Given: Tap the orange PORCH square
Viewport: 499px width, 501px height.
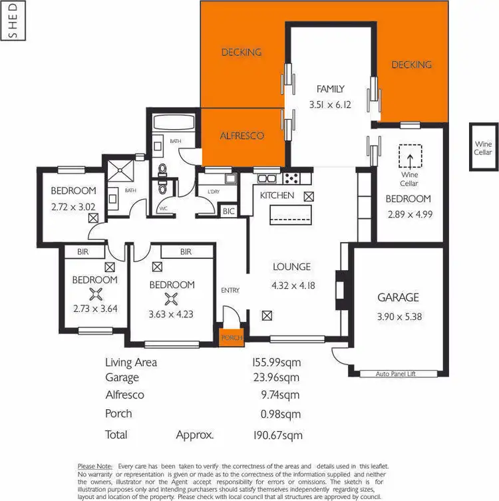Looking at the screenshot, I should tap(232, 337).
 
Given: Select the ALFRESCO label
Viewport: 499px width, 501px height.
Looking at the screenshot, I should tap(242, 136).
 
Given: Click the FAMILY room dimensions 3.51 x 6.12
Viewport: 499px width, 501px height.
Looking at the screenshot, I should tap(330, 104).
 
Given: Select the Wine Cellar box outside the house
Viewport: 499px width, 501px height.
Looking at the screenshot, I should tap(483, 148).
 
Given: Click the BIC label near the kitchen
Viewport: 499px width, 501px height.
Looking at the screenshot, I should tap(230, 211).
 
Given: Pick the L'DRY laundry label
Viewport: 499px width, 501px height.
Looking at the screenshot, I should tap(214, 192).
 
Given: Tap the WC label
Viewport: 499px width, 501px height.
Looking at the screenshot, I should tap(162, 208).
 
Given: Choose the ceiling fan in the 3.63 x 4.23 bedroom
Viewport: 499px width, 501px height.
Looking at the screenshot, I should tap(172, 299).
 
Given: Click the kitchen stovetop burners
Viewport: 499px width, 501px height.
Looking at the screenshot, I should tap(291, 178).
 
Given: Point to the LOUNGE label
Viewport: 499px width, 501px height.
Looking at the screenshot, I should tap(291, 267).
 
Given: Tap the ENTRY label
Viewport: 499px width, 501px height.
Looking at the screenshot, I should tap(230, 290).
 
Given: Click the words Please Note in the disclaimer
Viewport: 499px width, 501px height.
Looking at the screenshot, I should tap(95, 466).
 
